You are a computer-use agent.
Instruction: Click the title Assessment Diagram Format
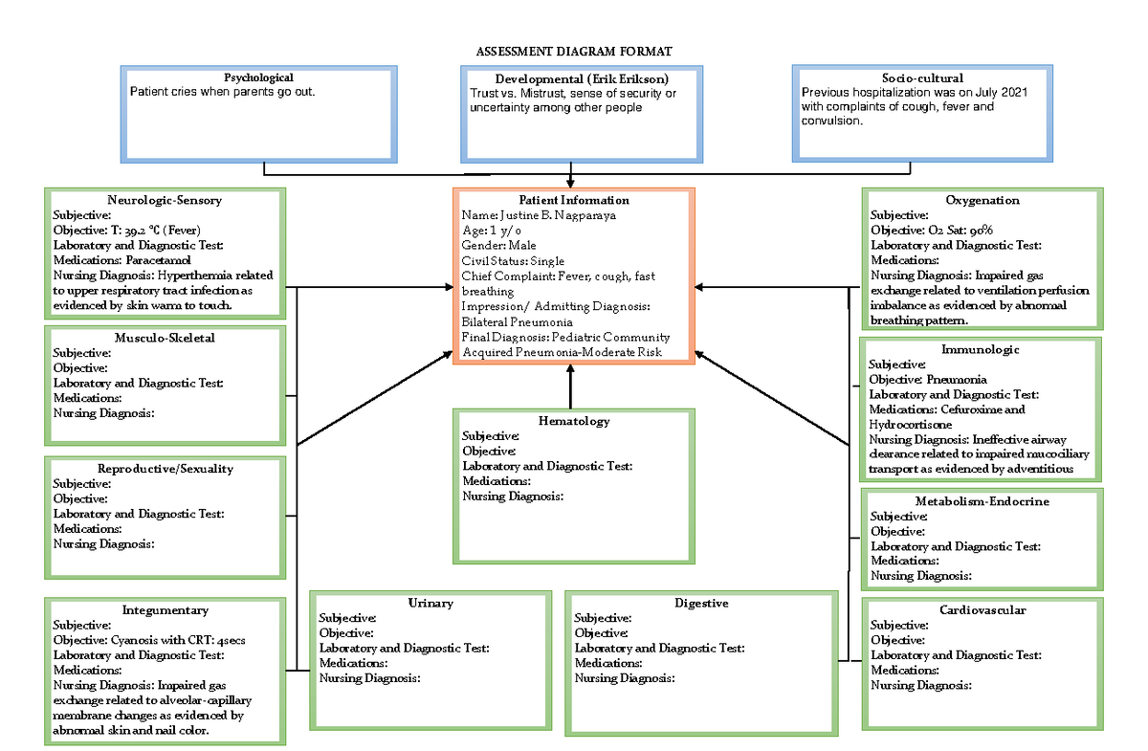pyautogui.click(x=573, y=51)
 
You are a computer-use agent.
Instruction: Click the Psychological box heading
pyautogui.click(x=258, y=77)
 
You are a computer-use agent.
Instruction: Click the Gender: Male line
pyautogui.click(x=498, y=245)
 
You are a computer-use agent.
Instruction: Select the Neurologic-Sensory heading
pyautogui.click(x=166, y=200)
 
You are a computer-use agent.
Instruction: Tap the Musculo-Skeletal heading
pyautogui.click(x=165, y=338)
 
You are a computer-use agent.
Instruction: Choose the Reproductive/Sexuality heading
pyautogui.click(x=166, y=469)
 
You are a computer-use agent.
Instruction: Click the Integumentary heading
pyautogui.click(x=165, y=609)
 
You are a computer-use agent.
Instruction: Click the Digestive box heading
pyautogui.click(x=701, y=603)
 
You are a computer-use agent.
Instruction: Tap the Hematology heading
pyautogui.click(x=574, y=421)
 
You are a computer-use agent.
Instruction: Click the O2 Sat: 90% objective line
pyautogui.click(x=932, y=231)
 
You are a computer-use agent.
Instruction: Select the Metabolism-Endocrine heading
pyautogui.click(x=982, y=501)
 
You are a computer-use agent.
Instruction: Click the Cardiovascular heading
pyautogui.click(x=982, y=609)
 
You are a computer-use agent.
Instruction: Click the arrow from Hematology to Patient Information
pyautogui.click(x=570, y=387)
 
